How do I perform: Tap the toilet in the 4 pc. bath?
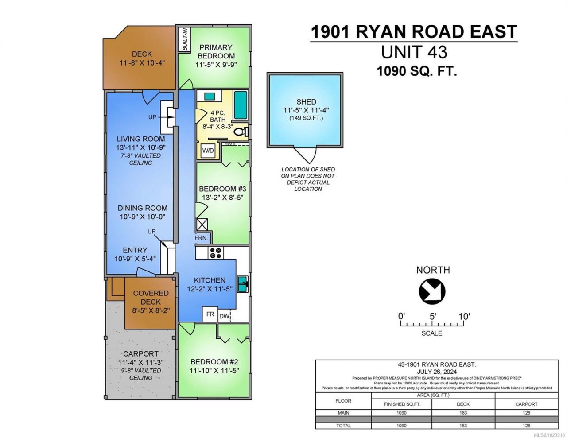tap(241, 132)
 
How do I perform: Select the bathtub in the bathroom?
tap(241, 105)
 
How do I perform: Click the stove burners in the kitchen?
tap(216, 252)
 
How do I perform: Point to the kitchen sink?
tap(243, 284)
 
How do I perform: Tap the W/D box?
tap(208, 151)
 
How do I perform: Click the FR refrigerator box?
tap(210, 314)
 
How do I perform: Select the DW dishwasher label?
tap(224, 317)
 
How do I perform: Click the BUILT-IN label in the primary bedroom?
tap(185, 39)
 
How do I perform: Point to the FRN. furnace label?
tap(201, 238)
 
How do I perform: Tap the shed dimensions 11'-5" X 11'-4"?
tap(306, 110)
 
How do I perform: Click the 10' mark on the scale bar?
tap(464, 317)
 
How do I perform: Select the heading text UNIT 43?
tap(414, 52)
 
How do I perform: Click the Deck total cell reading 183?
tap(463, 426)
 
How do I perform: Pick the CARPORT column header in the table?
tap(526, 404)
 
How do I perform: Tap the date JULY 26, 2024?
tap(436, 372)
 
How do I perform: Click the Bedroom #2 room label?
tap(214, 362)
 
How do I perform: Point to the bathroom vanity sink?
tap(210, 96)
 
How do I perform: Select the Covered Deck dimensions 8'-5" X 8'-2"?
tap(151, 310)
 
